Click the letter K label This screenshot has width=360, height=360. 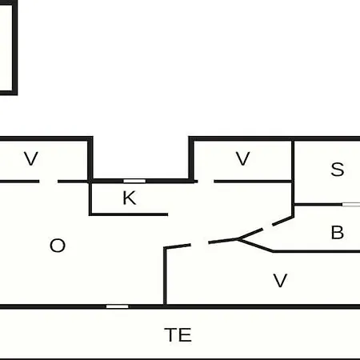pos(130,198)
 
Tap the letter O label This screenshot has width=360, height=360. pos(58,246)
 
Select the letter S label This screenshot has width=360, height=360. pos(338,169)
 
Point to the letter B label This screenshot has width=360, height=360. pos(338,233)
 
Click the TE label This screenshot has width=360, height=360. pos(178,334)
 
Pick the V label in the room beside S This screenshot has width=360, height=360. pos(243,158)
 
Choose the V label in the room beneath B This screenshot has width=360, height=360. pos(280,281)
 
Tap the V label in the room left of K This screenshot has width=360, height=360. pos(31,158)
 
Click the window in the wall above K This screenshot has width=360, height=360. pos(134,181)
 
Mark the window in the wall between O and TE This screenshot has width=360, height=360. pos(118,306)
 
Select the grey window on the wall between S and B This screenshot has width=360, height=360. pos(351,205)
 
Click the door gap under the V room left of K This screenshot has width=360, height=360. pos(49,182)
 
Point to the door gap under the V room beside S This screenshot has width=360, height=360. pos(206,182)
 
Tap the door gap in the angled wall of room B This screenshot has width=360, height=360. pos(267,227)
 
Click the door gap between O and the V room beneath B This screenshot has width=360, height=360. pos(199,243)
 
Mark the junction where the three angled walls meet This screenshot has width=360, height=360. pos(238,239)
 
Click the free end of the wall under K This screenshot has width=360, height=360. pos(167,214)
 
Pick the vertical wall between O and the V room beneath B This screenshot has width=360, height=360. pos(165,276)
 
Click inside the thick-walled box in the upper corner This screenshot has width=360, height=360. pos(6,48)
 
